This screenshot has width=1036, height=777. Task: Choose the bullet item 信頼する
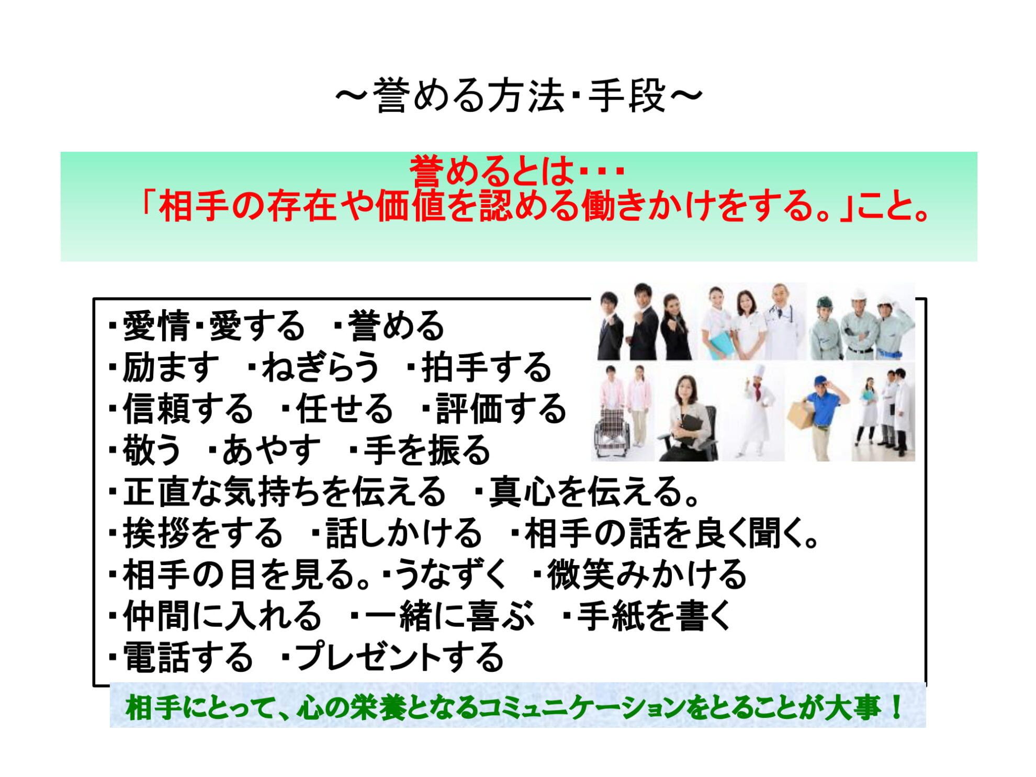point(188,409)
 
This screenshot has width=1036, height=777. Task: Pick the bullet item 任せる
point(344,409)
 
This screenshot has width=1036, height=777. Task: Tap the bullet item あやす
point(271,450)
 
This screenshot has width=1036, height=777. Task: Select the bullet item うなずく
point(450,575)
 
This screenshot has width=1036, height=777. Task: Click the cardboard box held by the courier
point(802,414)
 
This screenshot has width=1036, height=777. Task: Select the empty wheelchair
point(612,433)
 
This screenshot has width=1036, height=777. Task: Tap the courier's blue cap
point(823,380)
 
